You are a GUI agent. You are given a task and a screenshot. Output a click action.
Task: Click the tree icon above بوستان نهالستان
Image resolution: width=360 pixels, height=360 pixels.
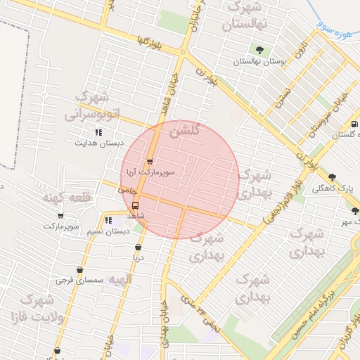[260, 50]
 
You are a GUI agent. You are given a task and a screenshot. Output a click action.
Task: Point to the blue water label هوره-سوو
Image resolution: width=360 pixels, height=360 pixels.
[332, 30]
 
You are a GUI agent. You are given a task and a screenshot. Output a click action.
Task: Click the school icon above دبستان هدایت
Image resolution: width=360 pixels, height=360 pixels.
[98, 131]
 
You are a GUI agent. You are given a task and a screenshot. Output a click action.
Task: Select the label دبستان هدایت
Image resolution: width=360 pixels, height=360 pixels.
[99, 142]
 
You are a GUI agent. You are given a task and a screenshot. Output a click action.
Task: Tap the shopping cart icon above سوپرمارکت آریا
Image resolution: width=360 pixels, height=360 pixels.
[149, 162]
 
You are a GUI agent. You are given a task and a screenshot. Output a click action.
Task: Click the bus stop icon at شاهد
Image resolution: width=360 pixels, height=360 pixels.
[135, 206]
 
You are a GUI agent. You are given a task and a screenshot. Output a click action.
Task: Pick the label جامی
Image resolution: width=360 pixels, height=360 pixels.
[127, 191]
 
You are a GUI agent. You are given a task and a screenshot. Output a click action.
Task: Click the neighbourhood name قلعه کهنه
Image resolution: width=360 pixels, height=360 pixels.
[66, 198]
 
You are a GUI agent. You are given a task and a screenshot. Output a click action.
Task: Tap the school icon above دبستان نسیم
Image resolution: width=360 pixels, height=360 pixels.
[108, 221]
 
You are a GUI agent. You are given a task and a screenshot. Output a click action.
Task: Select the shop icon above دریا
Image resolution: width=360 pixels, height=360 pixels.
[139, 247]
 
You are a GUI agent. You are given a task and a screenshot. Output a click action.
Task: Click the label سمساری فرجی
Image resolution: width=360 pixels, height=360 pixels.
[79, 280]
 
